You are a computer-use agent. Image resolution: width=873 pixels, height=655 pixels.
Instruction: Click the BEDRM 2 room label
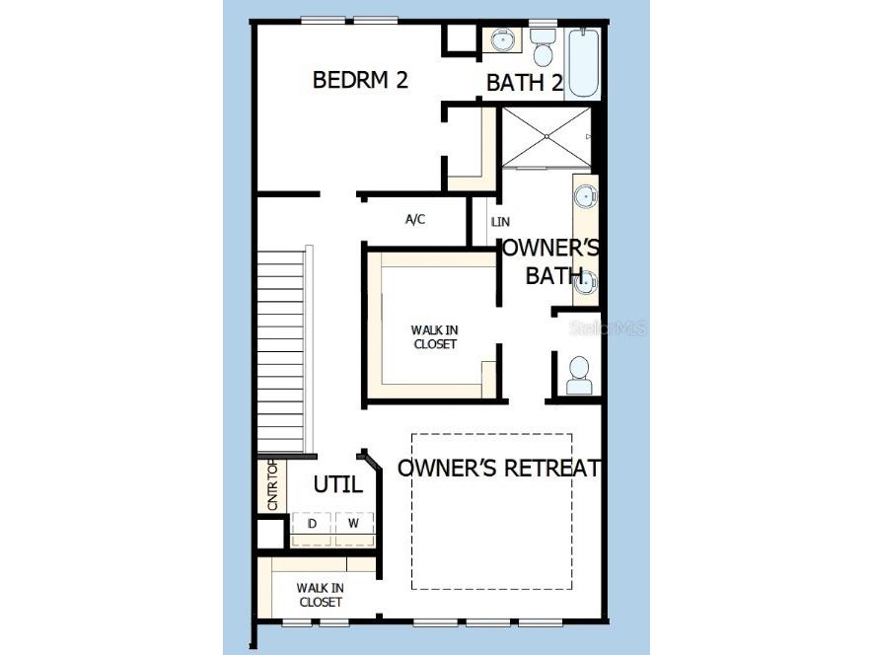tap(360, 80)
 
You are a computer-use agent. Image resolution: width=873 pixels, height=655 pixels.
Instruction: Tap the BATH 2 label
tap(525, 83)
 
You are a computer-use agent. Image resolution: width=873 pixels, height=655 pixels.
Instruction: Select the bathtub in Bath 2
tap(584, 63)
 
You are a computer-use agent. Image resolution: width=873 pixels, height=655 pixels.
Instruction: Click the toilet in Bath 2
tap(543, 47)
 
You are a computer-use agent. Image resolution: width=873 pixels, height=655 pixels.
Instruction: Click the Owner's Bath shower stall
tap(546, 137)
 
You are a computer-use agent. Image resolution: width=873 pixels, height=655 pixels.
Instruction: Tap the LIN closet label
tap(500, 222)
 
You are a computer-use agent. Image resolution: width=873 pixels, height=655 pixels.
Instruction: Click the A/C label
tap(414, 219)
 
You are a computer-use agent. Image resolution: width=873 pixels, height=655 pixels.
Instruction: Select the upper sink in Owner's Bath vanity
tap(586, 196)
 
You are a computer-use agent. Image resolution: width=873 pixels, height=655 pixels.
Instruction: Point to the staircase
tap(281, 351)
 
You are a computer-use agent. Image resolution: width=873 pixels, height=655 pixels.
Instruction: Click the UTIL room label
tap(338, 484)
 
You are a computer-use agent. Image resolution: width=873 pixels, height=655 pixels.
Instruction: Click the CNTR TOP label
tap(272, 484)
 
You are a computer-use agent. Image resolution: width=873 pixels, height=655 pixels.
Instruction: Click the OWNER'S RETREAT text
tap(499, 468)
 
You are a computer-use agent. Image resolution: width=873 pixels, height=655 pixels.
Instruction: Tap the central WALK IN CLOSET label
tap(435, 337)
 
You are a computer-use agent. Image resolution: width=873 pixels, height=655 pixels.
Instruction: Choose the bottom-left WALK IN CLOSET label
tap(321, 595)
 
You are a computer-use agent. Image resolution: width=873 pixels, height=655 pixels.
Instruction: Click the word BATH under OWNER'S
tap(554, 275)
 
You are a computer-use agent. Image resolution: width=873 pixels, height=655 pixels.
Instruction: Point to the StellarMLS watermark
tap(608, 327)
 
